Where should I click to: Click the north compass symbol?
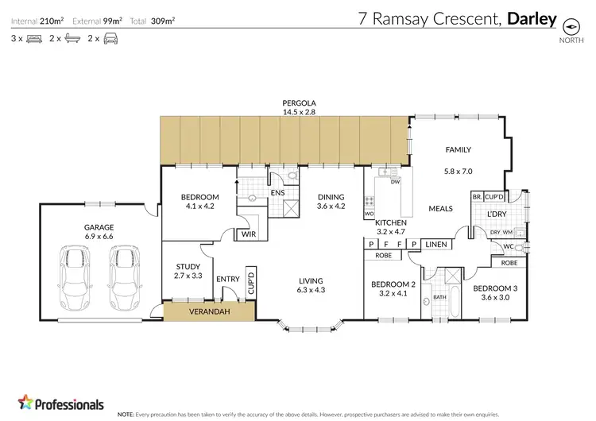pyautogui.click(x=569, y=25)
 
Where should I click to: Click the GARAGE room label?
pyautogui.click(x=99, y=226)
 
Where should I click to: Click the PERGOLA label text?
pyautogui.click(x=299, y=103)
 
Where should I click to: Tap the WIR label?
pyautogui.click(x=249, y=234)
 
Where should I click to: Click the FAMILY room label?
pyautogui.click(x=459, y=149)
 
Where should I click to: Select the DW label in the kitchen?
pyautogui.click(x=394, y=182)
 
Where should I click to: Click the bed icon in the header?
pyautogui.click(x=33, y=38)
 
